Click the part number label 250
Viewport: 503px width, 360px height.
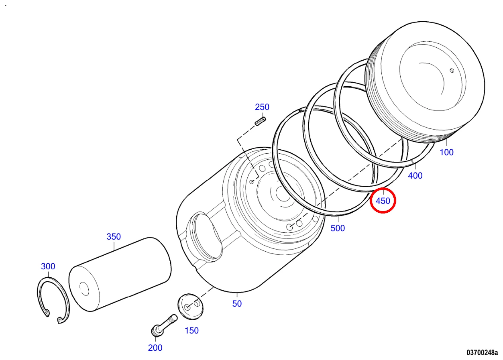[x=262, y=107]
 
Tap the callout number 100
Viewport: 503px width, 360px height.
[x=446, y=153]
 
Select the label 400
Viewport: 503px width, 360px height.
[x=415, y=175]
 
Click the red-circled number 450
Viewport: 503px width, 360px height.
[x=383, y=201]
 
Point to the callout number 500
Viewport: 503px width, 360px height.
[x=338, y=228]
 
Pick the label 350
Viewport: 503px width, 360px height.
[x=114, y=236]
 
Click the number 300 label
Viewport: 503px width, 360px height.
[x=48, y=266]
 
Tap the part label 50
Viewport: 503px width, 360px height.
[x=237, y=304]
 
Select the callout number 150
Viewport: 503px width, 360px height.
[x=191, y=331]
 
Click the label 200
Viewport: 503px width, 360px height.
[x=155, y=348]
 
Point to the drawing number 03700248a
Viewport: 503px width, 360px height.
[x=482, y=353]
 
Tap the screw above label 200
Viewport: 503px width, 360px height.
[x=164, y=325]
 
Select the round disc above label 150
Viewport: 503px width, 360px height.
[x=191, y=306]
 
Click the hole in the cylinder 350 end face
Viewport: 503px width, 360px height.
[x=84, y=289]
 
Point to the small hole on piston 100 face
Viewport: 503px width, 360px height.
[x=452, y=71]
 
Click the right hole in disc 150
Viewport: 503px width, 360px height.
[x=197, y=303]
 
